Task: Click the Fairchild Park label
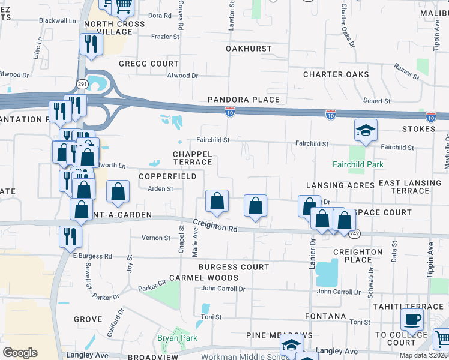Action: coord(358,164)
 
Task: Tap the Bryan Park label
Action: coord(173,338)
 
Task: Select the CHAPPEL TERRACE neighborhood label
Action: coord(193,158)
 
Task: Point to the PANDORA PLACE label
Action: coord(244,100)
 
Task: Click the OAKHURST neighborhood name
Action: coord(249,49)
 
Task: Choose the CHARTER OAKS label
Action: coord(336,75)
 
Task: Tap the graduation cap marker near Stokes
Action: coord(365,130)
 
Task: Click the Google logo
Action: coord(20,353)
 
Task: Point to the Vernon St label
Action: coord(157,238)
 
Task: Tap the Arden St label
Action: coord(161,188)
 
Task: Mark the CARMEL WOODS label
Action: coord(203,278)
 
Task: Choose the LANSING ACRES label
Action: coord(340,185)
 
